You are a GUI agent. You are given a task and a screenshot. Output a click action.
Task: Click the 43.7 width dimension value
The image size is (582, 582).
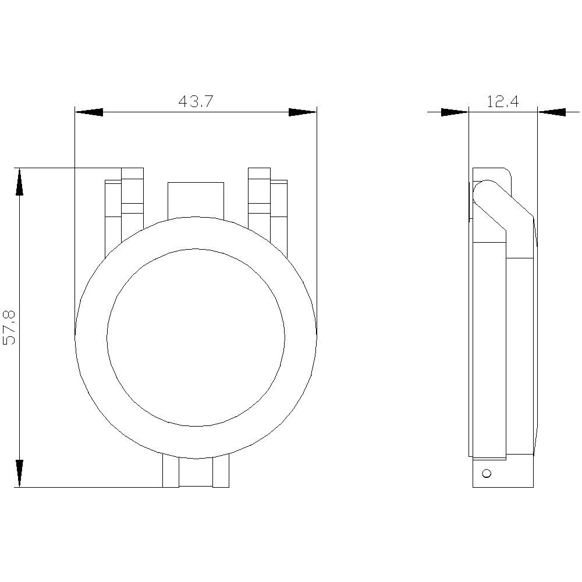pos(196,102)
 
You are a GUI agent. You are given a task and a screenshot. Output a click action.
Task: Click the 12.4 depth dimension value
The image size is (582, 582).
pos(502,102)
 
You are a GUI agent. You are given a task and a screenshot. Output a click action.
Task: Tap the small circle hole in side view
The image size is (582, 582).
pos(487,473)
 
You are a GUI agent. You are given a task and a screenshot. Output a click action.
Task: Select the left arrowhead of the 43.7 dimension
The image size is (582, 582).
pos(89,112)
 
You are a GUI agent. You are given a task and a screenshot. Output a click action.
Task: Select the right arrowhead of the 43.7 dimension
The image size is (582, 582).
pos(303,112)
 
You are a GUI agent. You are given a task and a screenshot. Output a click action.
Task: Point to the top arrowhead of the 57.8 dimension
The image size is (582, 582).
pos(20,182)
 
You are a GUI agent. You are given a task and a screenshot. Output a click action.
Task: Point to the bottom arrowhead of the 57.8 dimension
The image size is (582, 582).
pos(20,473)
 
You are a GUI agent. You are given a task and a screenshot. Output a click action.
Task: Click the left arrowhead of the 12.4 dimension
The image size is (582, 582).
pos(455,112)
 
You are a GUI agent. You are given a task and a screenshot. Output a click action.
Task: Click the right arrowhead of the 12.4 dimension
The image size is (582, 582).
pos(551,112)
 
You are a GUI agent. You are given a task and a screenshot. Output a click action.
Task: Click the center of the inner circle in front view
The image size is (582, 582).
pos(196,337)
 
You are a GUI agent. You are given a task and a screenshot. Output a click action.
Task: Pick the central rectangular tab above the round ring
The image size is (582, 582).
pos(196,199)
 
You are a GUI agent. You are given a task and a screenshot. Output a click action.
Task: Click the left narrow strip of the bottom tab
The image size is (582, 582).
pos(170,471)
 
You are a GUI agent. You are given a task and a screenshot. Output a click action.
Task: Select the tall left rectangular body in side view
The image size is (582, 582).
pos(489,349)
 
